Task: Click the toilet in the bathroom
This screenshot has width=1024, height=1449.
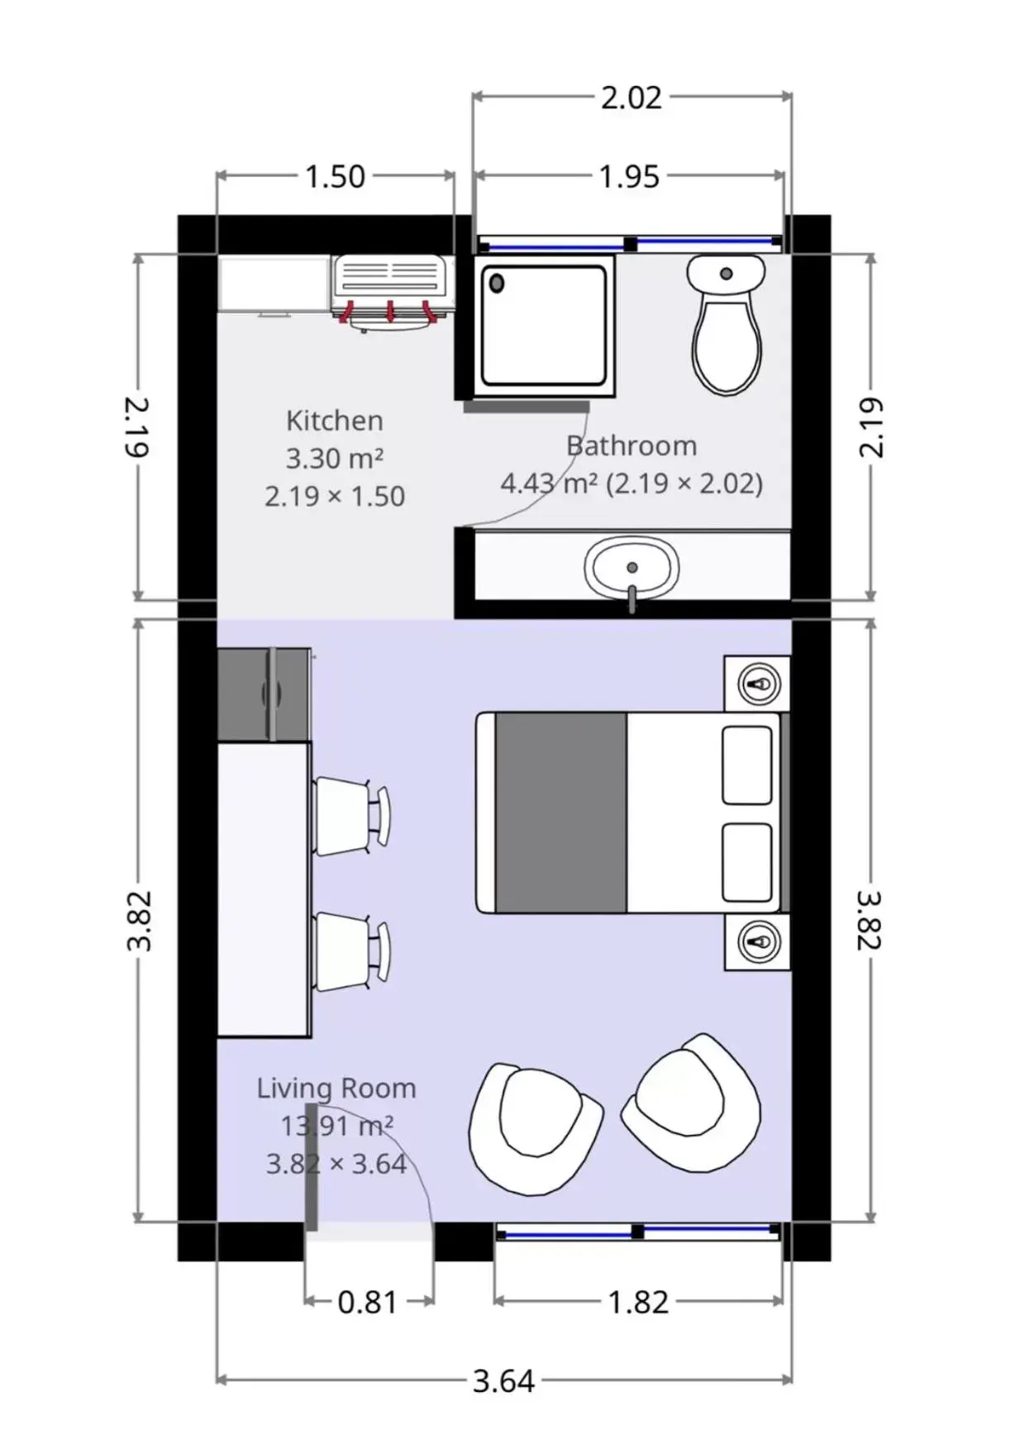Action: pyautogui.click(x=726, y=327)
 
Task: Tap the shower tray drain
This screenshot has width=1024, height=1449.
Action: pyautogui.click(x=498, y=284)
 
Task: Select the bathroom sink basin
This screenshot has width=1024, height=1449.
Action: pyautogui.click(x=631, y=569)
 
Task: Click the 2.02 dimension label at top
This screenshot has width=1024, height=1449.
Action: pyautogui.click(x=631, y=98)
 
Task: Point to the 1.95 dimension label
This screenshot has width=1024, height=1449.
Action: pyautogui.click(x=629, y=176)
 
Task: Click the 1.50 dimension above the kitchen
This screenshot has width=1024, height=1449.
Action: pyautogui.click(x=335, y=176)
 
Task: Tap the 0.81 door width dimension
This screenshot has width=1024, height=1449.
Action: pyautogui.click(x=368, y=1302)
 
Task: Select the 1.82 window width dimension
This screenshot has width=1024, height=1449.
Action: pyautogui.click(x=638, y=1302)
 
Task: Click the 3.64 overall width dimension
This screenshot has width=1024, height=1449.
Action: pyautogui.click(x=503, y=1380)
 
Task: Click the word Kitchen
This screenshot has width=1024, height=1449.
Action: pyautogui.click(x=335, y=421)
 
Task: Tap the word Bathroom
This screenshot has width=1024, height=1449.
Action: pyautogui.click(x=631, y=446)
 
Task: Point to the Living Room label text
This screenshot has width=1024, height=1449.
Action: pyautogui.click(x=336, y=1088)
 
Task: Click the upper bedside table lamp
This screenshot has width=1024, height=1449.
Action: pyautogui.click(x=759, y=684)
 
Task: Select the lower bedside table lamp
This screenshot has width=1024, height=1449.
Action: pyautogui.click(x=759, y=941)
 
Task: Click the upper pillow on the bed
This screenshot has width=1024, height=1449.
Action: pyautogui.click(x=747, y=765)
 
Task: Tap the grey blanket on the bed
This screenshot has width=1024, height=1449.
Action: pyautogui.click(x=560, y=813)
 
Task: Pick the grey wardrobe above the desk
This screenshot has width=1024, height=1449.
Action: pyautogui.click(x=264, y=694)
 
